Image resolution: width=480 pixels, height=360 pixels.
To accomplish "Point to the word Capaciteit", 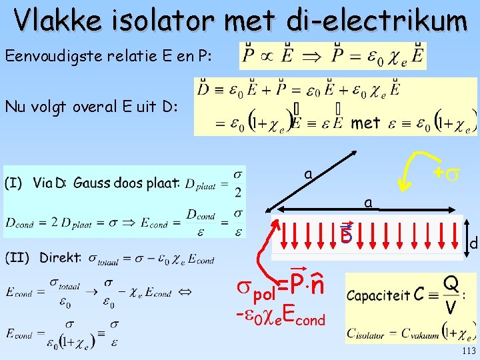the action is [x=378, y=294].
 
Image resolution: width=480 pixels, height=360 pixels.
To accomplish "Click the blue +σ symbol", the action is [x=444, y=173].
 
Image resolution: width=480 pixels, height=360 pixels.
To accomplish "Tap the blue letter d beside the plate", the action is [x=473, y=245].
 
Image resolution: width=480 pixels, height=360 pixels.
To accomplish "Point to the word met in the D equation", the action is [x=365, y=123].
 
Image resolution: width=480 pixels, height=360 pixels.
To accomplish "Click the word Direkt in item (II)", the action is [x=61, y=257].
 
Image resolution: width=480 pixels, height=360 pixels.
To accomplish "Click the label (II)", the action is [x=17, y=257].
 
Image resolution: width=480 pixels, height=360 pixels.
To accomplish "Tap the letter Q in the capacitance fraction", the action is [x=451, y=283].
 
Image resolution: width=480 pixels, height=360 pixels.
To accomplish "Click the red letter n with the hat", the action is [x=317, y=285].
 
